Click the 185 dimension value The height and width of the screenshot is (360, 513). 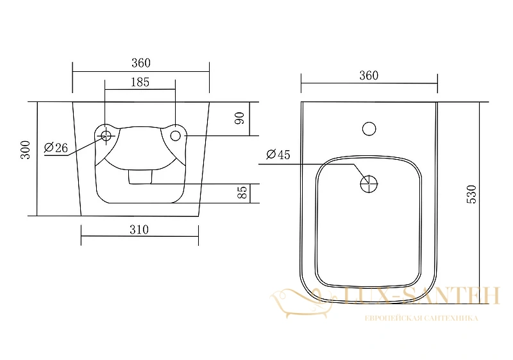click(x=140, y=82)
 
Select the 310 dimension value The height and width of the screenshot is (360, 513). click(x=139, y=230)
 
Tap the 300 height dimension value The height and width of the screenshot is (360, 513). click(x=25, y=150)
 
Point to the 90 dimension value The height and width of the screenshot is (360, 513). click(x=240, y=118)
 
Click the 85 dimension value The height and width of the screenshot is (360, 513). click(x=242, y=193)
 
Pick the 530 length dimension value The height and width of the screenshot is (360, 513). click(x=471, y=194)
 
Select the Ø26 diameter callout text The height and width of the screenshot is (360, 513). click(x=56, y=148)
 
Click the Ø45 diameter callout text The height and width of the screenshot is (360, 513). click(x=278, y=154)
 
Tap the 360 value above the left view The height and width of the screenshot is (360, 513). click(x=141, y=62)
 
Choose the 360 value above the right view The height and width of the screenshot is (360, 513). click(x=369, y=75)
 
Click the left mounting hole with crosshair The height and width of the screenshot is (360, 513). click(x=106, y=135)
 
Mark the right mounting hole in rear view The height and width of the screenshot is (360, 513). click(x=176, y=135)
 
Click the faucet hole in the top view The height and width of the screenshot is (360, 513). click(x=369, y=128)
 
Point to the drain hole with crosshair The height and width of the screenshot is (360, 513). click(x=369, y=184)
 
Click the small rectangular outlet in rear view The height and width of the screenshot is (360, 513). click(x=140, y=176)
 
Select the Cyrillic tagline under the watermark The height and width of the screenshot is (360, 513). click(x=421, y=318)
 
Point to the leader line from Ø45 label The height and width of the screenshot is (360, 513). click(x=311, y=164)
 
